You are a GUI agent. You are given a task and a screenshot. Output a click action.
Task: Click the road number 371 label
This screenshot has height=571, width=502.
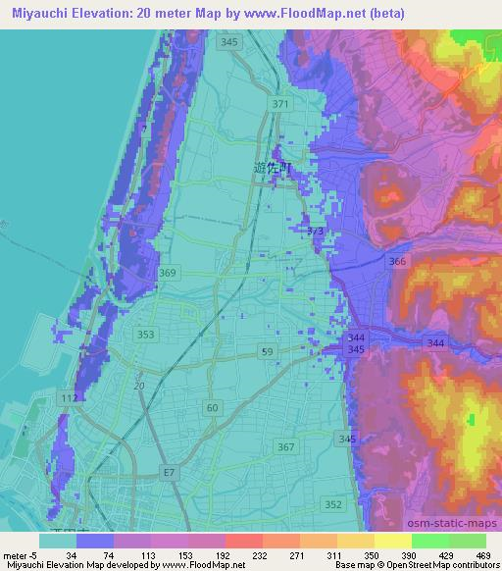point(281,104)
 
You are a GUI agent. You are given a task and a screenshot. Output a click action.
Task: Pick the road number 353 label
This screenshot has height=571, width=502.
point(146,335)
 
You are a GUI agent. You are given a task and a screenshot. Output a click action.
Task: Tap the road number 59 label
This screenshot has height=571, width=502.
point(267,350)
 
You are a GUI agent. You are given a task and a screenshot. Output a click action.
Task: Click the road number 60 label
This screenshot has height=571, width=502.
point(213,405)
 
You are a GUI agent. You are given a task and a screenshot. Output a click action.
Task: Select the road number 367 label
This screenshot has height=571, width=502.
point(285,447)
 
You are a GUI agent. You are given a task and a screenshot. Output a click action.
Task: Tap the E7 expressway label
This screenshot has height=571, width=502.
point(170,473)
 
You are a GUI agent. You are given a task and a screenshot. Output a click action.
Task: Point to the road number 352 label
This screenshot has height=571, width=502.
point(334,504)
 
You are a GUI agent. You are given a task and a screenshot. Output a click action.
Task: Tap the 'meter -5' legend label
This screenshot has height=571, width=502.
point(19,554)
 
